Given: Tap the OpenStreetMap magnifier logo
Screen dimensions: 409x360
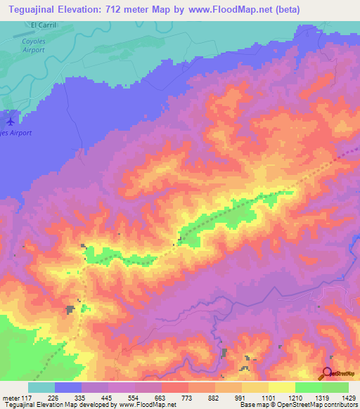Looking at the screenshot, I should [328, 374].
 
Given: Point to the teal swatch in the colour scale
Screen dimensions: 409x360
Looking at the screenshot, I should [41, 387].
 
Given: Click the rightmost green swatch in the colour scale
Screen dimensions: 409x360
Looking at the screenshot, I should [335, 387].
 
